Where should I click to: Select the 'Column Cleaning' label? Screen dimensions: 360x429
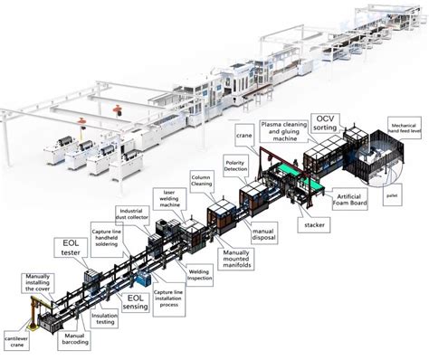[x=200, y=176]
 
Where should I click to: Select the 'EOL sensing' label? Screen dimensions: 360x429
[x=134, y=300]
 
